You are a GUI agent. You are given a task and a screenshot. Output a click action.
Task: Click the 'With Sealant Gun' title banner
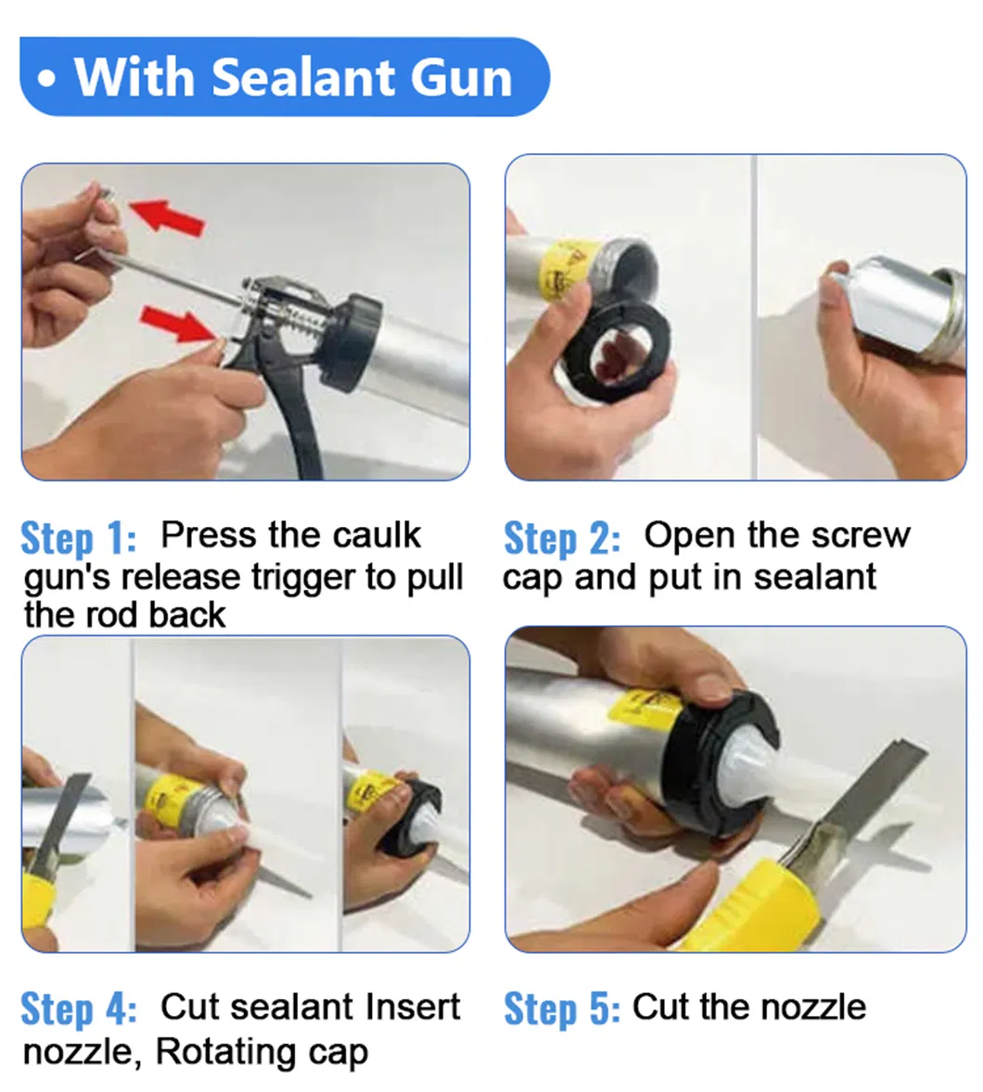coord(285,77)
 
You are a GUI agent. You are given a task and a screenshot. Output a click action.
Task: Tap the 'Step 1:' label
coord(78,537)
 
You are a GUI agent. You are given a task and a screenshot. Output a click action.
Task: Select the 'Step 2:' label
coord(562,537)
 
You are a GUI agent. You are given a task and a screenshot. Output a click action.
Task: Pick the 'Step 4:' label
coord(78,1008)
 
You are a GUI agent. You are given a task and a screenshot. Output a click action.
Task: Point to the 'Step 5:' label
coord(562,1008)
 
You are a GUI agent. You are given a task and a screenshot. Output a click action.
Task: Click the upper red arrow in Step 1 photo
coord(167,215)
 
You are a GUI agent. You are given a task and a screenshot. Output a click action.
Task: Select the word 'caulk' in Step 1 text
coord(377,534)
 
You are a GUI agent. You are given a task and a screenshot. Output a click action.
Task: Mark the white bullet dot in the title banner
coord(46,79)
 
